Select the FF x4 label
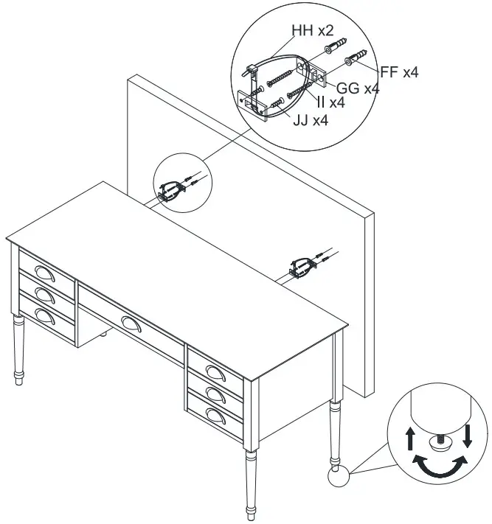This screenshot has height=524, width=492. pyautogui.click(x=399, y=71)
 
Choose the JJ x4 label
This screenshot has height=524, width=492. pyautogui.click(x=309, y=120)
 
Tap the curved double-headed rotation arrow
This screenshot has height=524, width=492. pyautogui.click(x=440, y=465)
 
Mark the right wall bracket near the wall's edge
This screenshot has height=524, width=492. pyautogui.click(x=303, y=267)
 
